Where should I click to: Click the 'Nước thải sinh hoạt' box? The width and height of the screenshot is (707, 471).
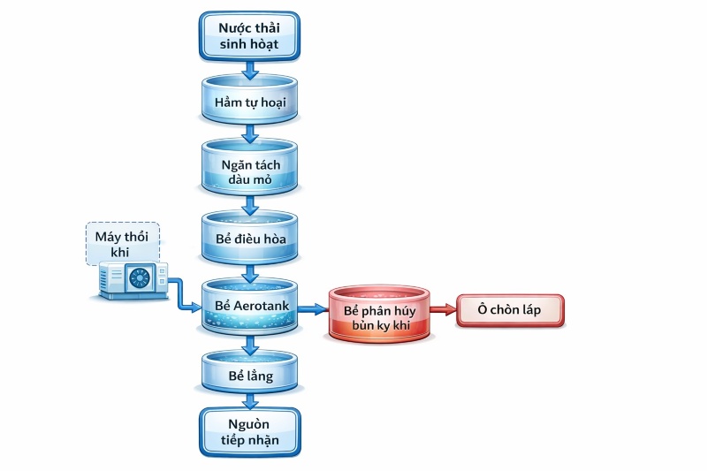(249, 34)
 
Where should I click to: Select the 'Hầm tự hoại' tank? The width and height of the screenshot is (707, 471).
(249, 100)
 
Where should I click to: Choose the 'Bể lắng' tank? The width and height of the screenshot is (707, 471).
(249, 376)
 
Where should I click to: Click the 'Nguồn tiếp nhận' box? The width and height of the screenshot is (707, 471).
(249, 430)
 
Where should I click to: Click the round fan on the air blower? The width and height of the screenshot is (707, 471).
(141, 279)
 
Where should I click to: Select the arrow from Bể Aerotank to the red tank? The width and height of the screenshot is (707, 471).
(312, 309)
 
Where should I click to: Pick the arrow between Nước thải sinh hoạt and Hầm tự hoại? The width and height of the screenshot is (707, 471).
(249, 68)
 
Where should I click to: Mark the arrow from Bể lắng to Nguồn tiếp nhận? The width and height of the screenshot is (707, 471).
(249, 399)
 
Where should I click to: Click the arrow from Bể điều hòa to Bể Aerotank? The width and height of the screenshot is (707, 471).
(249, 271)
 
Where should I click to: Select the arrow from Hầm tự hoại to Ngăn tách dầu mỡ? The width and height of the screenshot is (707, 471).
(249, 133)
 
